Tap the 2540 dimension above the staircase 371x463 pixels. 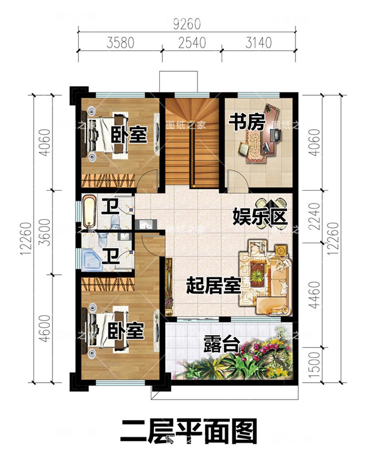pyautogui.click(x=192, y=43)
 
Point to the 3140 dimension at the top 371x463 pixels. pyautogui.click(x=258, y=43)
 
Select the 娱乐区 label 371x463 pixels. pyautogui.click(x=260, y=216)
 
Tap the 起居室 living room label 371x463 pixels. pyautogui.click(x=213, y=285)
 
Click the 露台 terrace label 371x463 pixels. pyautogui.click(x=221, y=343)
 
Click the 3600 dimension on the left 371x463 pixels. pyautogui.click(x=45, y=233)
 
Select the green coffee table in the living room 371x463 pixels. pyautogui.click(x=258, y=274)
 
